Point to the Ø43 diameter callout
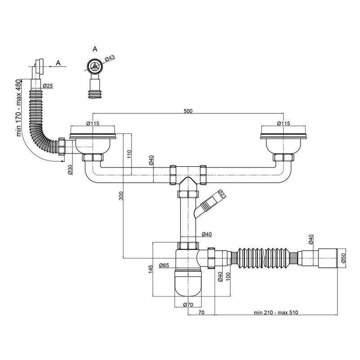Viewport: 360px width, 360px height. tap(110, 59)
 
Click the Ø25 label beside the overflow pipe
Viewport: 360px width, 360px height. tap(48, 85)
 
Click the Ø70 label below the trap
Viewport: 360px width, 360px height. tap(189, 306)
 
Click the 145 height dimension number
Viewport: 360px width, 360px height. tap(151, 269)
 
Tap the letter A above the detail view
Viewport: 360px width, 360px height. tap(94, 48)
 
